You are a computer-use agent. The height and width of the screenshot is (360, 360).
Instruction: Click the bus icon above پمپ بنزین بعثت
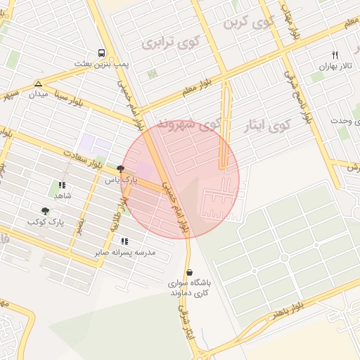[x=103, y=53]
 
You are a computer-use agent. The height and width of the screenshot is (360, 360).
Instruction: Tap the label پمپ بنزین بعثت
[x=103, y=64]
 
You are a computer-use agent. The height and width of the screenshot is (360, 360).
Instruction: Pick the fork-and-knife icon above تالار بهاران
[x=335, y=55]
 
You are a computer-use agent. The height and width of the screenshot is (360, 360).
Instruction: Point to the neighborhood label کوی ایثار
[x=265, y=127]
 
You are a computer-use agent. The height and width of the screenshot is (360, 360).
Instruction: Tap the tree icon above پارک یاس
[x=120, y=169]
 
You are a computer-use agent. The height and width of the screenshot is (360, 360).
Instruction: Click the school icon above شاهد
[x=60, y=185]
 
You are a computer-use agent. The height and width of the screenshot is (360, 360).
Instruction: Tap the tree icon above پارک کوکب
[x=46, y=210]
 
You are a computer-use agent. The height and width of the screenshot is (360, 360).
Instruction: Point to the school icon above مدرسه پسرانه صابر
[x=124, y=241]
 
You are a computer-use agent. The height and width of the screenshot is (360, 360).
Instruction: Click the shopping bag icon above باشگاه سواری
[x=189, y=272]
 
